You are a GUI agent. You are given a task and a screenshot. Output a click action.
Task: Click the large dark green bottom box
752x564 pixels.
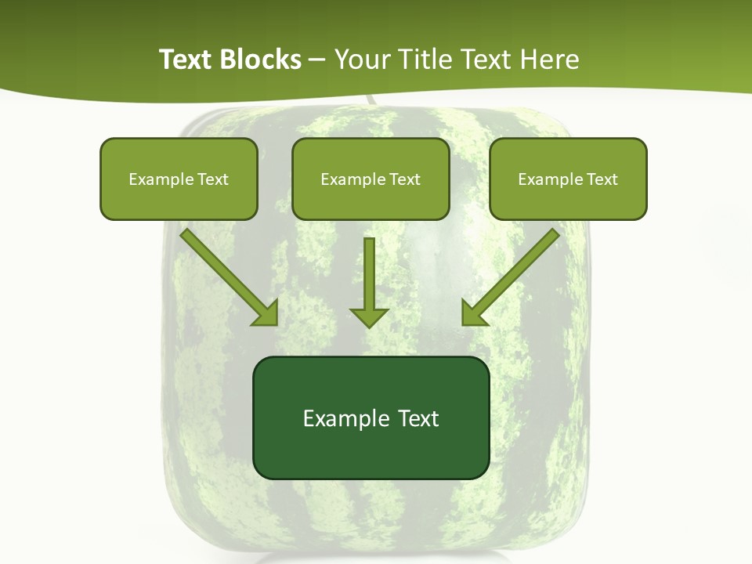point(371,450)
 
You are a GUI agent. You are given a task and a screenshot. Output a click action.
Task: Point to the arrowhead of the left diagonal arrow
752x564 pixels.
point(267,314)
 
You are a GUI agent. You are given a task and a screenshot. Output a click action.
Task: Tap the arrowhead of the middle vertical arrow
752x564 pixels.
point(369,316)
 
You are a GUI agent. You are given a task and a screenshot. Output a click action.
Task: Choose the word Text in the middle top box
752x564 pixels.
point(405,179)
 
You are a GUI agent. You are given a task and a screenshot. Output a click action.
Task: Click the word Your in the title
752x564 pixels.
point(360,60)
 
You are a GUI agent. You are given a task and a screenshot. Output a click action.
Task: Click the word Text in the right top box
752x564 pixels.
point(602,179)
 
